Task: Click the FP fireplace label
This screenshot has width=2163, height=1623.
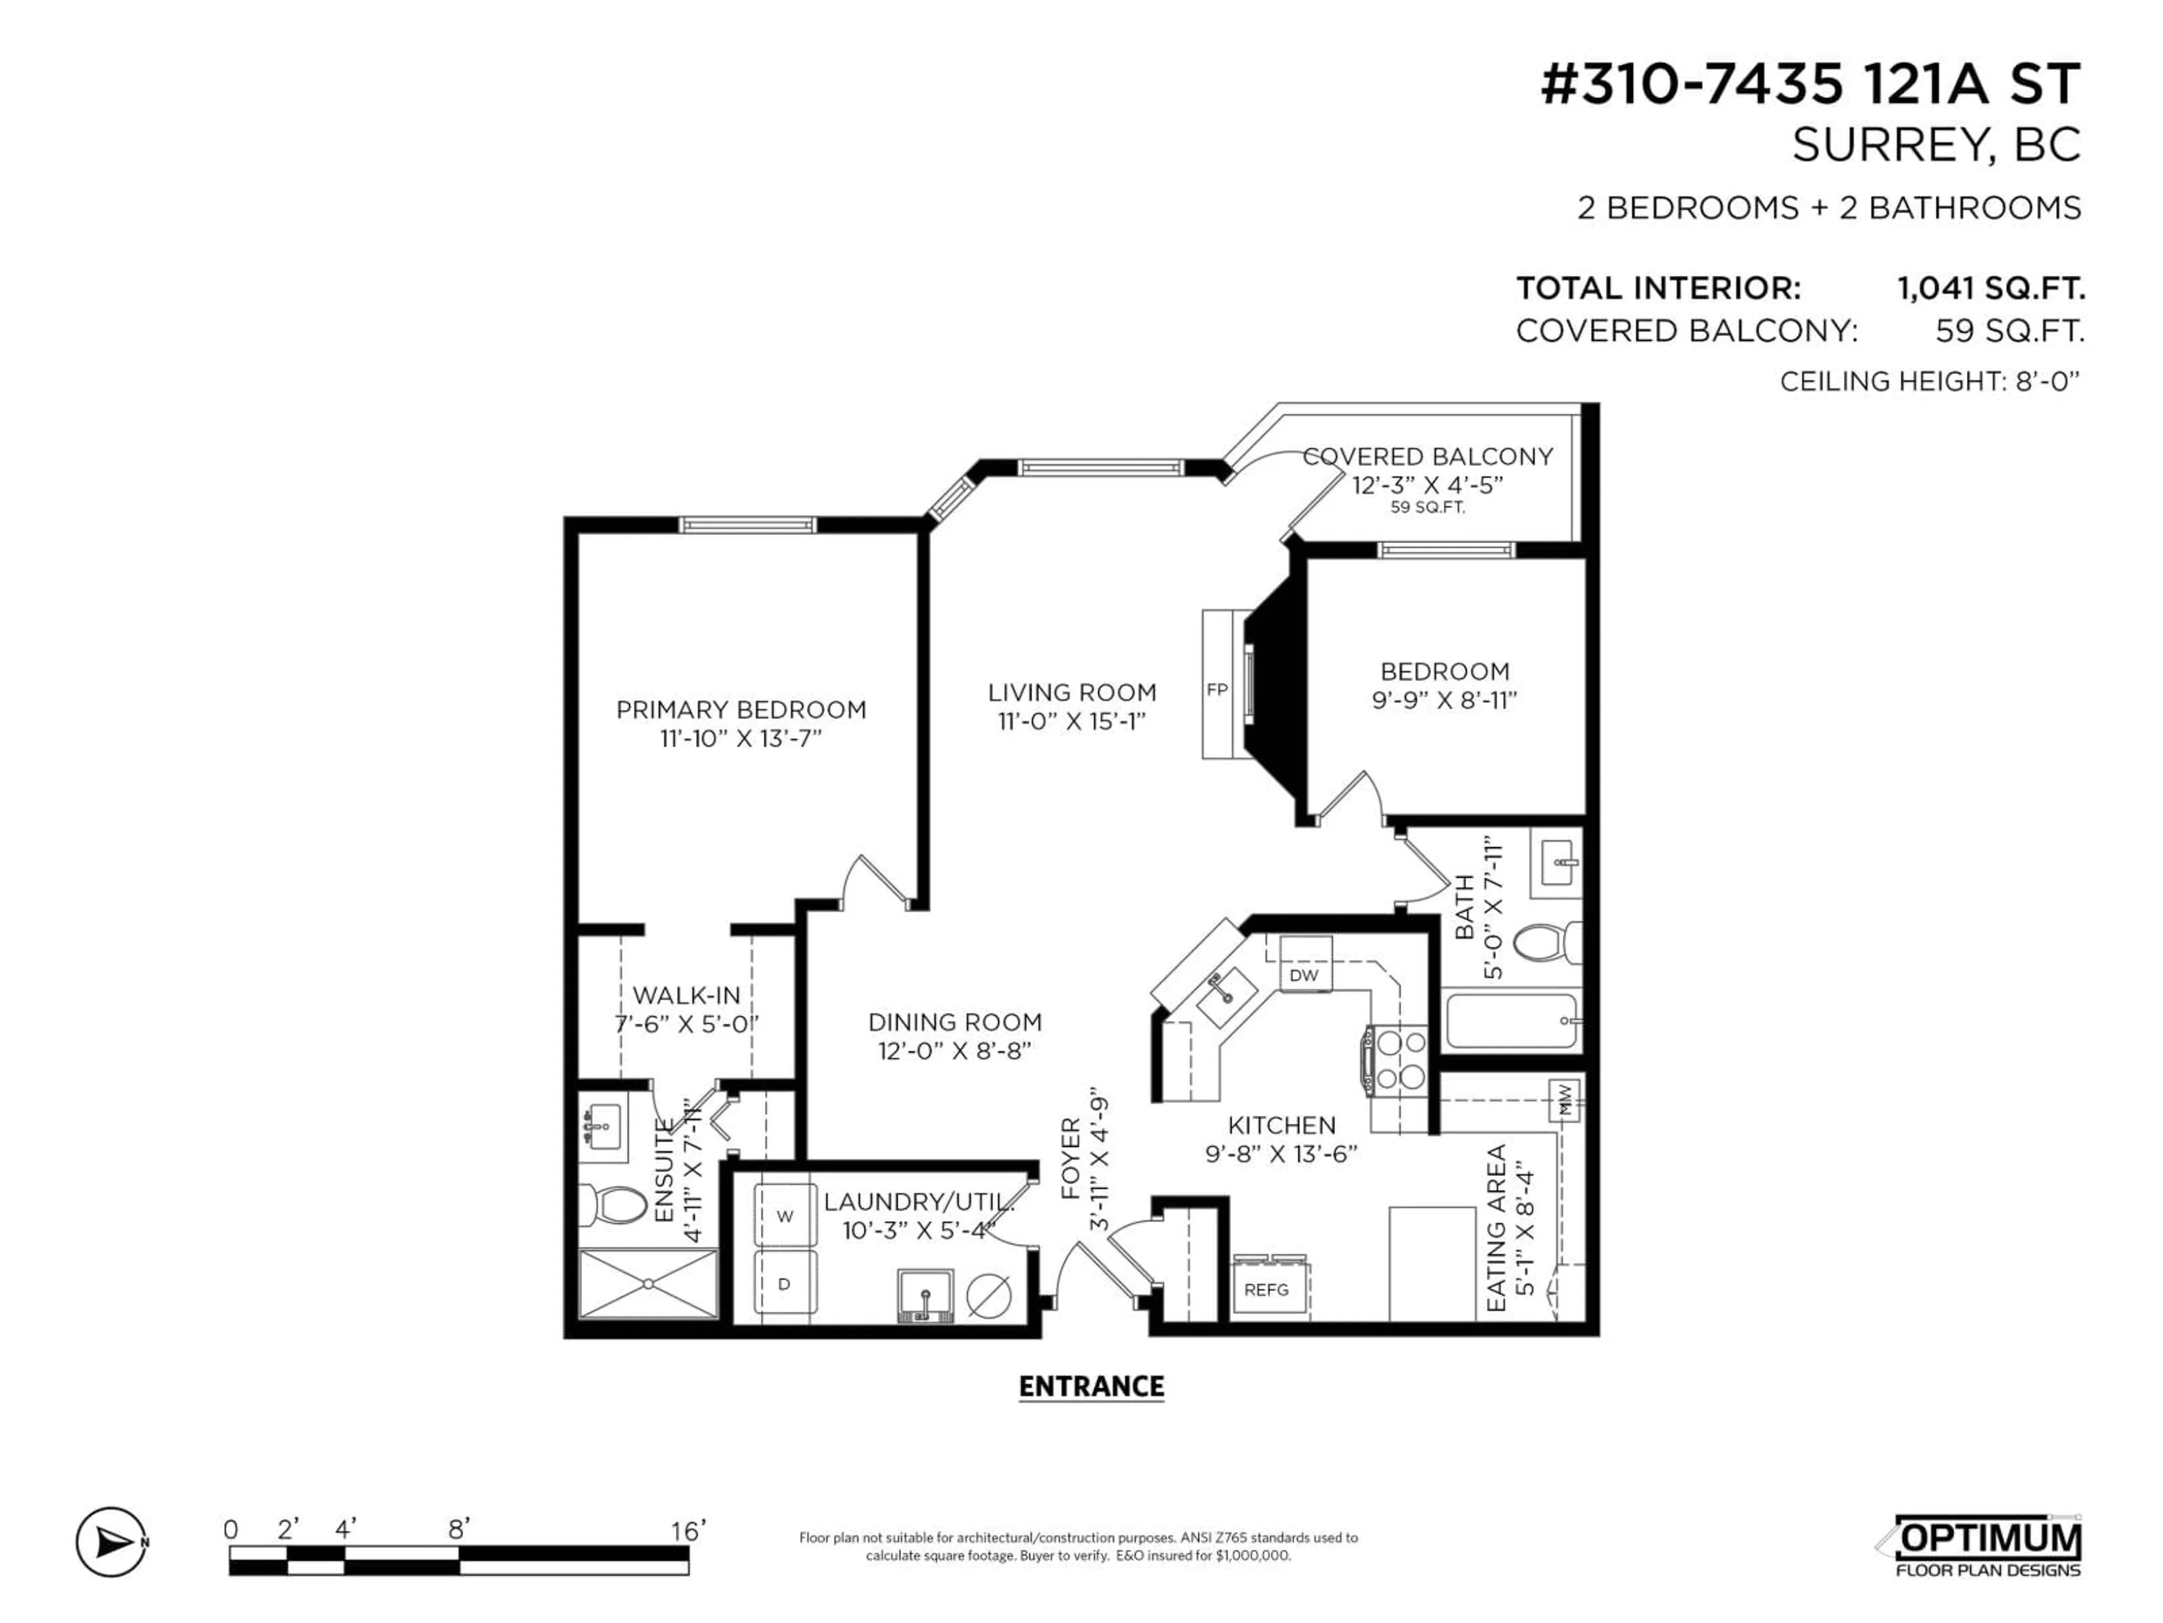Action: [x=1217, y=690]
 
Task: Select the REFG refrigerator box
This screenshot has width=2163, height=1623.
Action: [x=1267, y=1289]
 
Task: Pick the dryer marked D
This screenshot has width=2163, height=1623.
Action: [x=784, y=1284]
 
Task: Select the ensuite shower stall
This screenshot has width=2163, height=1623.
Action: [x=648, y=1284]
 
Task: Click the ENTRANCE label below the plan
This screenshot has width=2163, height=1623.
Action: [x=1091, y=1386]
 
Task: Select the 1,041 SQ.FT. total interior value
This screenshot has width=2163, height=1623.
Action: [x=1991, y=289]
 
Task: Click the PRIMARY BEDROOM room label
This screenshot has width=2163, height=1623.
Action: [x=741, y=709]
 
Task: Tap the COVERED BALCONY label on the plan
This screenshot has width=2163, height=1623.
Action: [x=1428, y=457]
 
